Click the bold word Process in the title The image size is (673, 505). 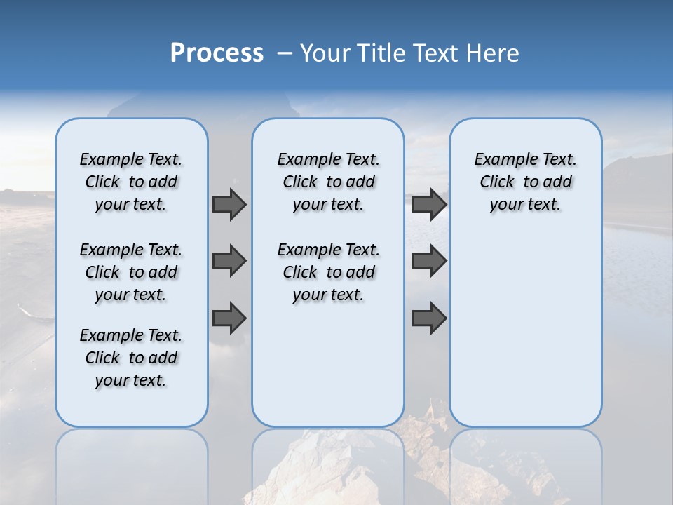pos(217,53)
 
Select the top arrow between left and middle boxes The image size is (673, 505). pos(229,204)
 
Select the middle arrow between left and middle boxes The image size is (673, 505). pos(229,261)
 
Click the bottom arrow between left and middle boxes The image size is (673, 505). pos(229,318)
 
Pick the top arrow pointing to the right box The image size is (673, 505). pos(429,204)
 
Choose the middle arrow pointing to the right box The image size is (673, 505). pos(429,261)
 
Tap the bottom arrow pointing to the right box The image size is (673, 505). pos(429,318)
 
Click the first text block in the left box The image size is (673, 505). pos(131,182)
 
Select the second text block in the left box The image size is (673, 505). pos(131,272)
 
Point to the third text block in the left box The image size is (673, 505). pos(131,358)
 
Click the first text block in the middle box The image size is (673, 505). pos(328,182)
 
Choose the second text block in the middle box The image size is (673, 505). pos(328,272)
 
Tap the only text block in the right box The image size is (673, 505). pos(525,182)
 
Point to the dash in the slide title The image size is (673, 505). pos(285,53)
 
